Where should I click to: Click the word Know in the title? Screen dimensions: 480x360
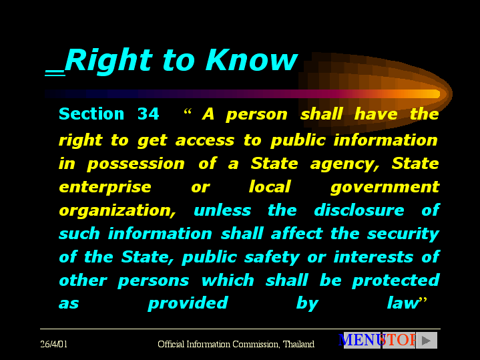251,60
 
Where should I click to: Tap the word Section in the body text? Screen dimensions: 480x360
91,114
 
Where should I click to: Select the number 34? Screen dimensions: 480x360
148,114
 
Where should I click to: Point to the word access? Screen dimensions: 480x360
205,140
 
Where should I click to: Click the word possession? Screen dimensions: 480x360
136,164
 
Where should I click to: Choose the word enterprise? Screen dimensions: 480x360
105,188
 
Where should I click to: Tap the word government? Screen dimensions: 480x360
385,188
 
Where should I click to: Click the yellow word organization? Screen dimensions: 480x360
117,211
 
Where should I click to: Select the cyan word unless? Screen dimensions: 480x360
222,210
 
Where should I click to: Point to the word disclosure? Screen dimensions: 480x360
359,210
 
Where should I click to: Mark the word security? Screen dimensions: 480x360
403,234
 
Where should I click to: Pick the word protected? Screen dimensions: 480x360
396,281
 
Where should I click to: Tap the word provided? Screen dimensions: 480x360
188,304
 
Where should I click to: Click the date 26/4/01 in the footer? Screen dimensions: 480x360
54,344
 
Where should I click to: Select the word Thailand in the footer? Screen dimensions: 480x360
298,344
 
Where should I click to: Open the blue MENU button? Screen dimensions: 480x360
361,340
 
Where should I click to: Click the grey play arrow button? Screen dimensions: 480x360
427,341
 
